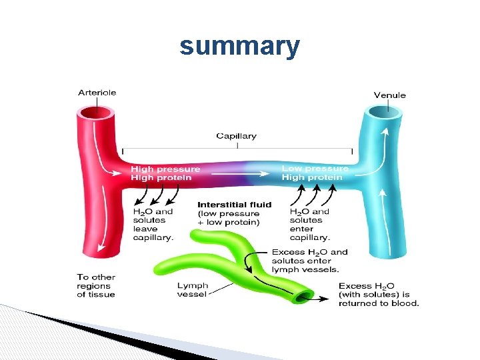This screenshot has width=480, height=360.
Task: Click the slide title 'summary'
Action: click(239, 47)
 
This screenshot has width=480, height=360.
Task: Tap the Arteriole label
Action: click(97, 93)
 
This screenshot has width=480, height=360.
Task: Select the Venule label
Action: click(389, 95)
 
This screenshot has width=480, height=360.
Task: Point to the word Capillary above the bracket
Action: click(236, 136)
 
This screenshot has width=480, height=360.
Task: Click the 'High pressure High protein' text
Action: click(161, 173)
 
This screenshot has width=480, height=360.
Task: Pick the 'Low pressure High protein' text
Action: click(315, 173)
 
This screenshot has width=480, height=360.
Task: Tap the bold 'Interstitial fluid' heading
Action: click(235, 205)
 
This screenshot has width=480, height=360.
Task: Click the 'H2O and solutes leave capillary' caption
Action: click(153, 224)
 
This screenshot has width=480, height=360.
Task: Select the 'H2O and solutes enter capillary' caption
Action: click(309, 224)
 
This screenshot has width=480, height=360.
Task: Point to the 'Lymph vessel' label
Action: click(193, 290)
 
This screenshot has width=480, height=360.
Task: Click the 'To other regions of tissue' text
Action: click(96, 285)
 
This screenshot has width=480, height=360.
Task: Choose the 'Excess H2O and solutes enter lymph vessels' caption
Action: click(309, 261)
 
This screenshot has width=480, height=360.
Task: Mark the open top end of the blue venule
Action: click(383, 114)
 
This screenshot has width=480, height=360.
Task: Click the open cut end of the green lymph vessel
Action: click(306, 296)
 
